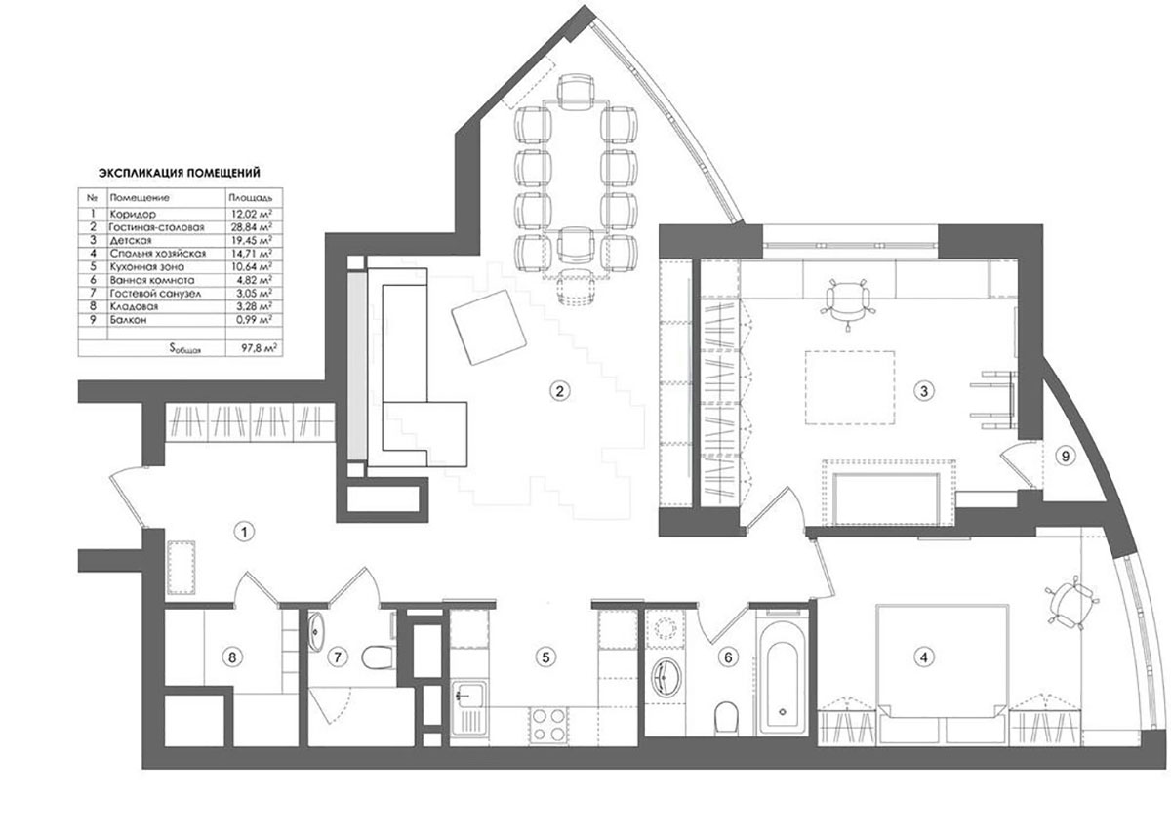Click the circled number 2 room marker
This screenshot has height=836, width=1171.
pyautogui.click(x=559, y=391)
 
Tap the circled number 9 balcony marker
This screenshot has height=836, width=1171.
pyautogui.click(x=1065, y=457)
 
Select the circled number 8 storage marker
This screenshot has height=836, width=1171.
pyautogui.click(x=232, y=657)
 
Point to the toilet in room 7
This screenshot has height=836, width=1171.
pyautogui.click(x=377, y=657)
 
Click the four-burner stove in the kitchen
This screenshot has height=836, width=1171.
pyautogui.click(x=548, y=726)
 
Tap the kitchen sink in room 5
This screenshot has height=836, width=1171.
pyautogui.click(x=468, y=708)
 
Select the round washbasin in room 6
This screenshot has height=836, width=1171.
pyautogui.click(x=666, y=677)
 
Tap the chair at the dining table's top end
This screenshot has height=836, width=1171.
pyautogui.click(x=576, y=90)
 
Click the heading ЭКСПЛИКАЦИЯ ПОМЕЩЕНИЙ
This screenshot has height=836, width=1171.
pyautogui.click(x=180, y=173)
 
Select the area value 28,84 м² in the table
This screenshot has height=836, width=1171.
pyautogui.click(x=252, y=227)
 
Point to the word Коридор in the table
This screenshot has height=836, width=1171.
pyautogui.click(x=133, y=214)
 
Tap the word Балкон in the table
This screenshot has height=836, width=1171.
pyautogui.click(x=128, y=319)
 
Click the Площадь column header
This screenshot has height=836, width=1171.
pyautogui.click(x=251, y=198)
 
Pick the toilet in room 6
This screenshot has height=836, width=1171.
pyautogui.click(x=726, y=717)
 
